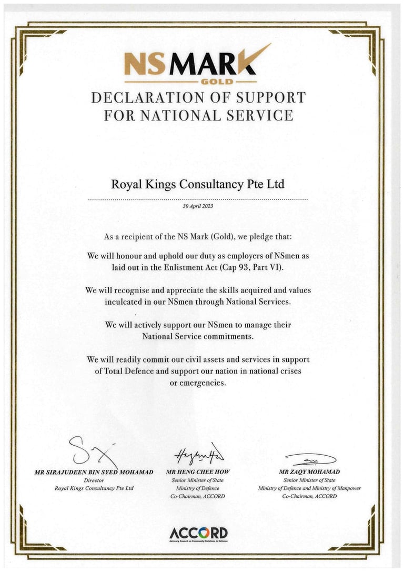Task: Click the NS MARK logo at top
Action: [198, 63]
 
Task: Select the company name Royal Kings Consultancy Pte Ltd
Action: [198, 185]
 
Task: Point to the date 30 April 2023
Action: [198, 207]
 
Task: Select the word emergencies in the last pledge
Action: [203, 383]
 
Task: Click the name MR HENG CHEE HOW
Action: [198, 472]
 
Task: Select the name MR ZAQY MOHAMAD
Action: [309, 472]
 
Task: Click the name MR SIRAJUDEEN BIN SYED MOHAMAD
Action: [94, 472]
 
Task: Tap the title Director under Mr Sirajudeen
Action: [94, 480]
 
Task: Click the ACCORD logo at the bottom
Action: [198, 533]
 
